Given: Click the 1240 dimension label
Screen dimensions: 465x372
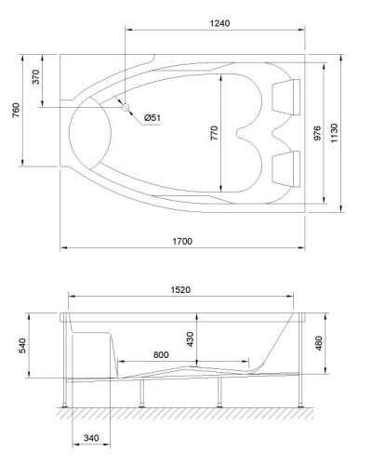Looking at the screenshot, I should [x=219, y=22].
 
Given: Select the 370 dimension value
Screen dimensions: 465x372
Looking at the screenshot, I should [x=36, y=78].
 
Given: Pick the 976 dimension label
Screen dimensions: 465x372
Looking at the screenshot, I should [x=317, y=132].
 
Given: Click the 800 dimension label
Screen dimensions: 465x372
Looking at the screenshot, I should [x=161, y=355].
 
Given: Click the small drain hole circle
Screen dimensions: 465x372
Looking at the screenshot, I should [x=126, y=106].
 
